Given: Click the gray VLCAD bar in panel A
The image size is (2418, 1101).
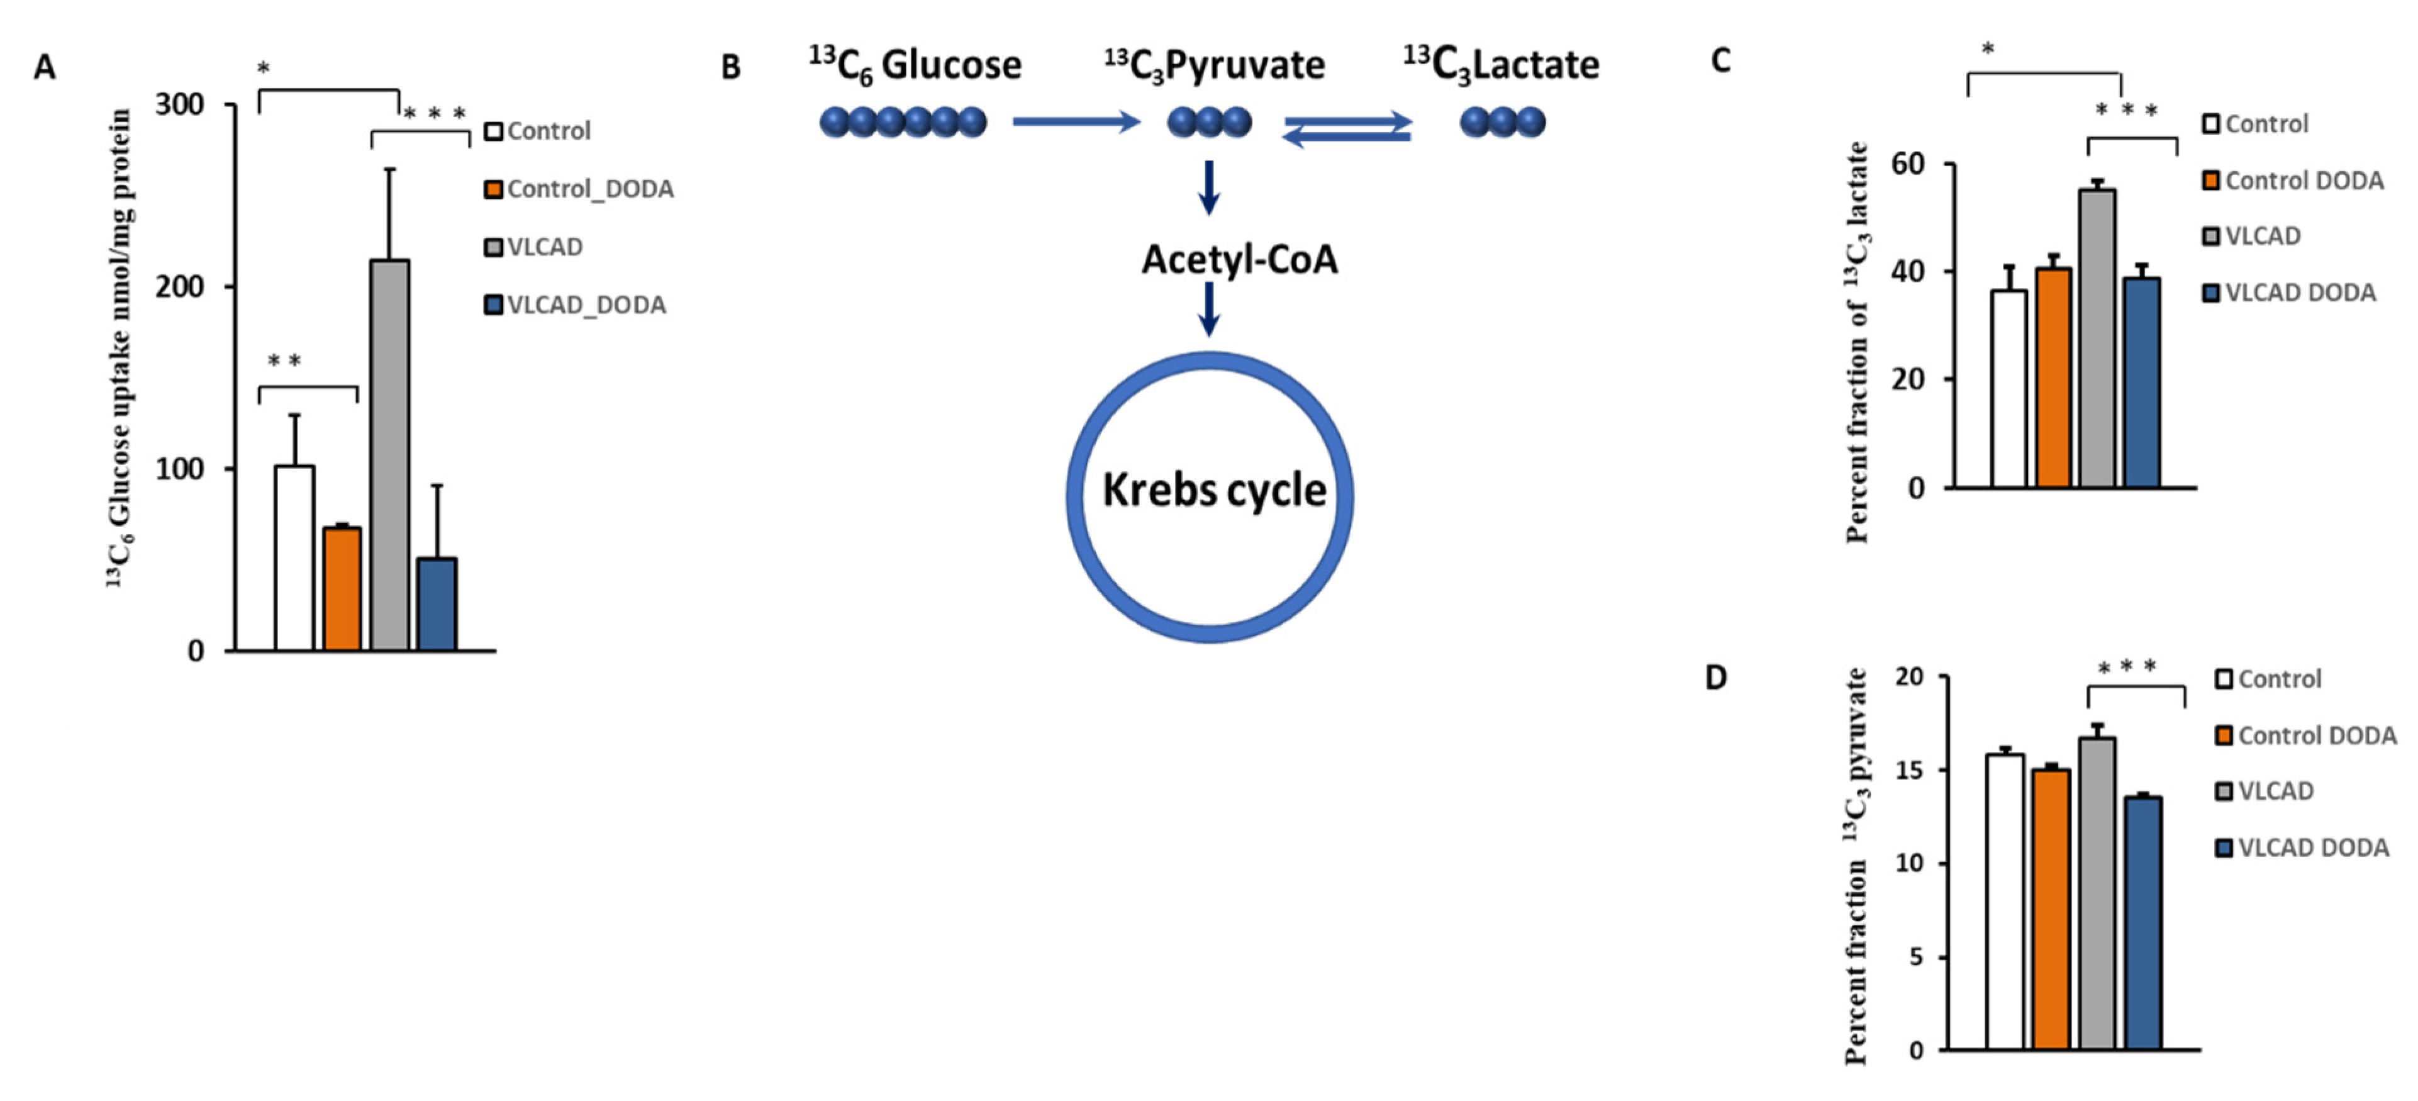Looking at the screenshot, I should point(389,455).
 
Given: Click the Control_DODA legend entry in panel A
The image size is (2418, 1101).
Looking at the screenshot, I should point(579,189).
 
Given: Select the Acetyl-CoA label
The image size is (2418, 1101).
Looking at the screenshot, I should point(1239,259).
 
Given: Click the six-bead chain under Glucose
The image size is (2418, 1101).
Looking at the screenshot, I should point(903,122).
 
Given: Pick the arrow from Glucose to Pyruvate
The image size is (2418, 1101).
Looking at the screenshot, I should point(1076,121).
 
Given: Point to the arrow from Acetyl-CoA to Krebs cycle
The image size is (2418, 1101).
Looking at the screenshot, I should point(1209,309).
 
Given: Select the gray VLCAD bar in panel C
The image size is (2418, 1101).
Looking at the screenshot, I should point(2097,338).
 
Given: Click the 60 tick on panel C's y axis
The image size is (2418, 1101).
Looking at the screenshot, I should point(1907,164).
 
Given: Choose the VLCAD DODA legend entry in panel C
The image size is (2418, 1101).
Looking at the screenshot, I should point(2290,293).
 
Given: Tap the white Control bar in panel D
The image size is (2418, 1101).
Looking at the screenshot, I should point(2004,901).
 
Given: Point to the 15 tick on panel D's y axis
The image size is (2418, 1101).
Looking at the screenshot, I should point(1908,769).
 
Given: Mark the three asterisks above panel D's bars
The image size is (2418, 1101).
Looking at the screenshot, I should point(2127,668).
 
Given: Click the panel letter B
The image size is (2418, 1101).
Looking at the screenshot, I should point(730,67).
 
